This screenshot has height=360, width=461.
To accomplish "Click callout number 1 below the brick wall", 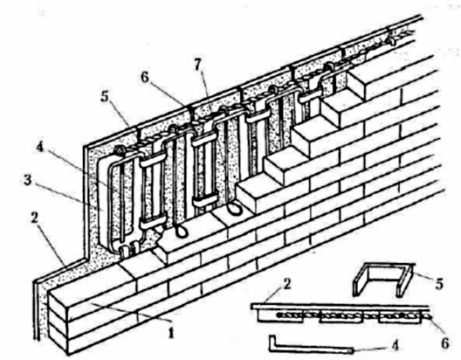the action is (x=171, y=333).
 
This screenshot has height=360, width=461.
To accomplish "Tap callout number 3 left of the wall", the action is (x=28, y=180).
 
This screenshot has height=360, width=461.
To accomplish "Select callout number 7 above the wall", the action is (x=199, y=66).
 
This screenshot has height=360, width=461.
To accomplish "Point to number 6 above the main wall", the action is (x=145, y=78).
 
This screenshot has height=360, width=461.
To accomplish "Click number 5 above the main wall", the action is (x=105, y=97).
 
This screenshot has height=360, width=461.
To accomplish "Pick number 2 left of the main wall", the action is (x=35, y=218).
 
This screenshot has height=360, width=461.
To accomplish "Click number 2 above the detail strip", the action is (x=286, y=284).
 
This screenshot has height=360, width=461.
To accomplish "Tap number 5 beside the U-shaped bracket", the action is (x=439, y=284).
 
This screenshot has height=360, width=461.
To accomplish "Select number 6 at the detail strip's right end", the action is (x=445, y=343).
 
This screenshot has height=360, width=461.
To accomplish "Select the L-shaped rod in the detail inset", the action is (x=309, y=350).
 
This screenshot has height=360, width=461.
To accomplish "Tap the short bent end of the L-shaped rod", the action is (x=272, y=341).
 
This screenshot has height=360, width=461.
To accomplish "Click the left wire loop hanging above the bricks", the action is (x=181, y=232).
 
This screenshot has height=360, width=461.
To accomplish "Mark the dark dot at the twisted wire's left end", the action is (x=278, y=315).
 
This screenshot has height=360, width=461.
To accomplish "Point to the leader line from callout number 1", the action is (x=131, y=311).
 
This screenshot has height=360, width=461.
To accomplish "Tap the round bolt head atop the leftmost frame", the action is (x=119, y=150).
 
